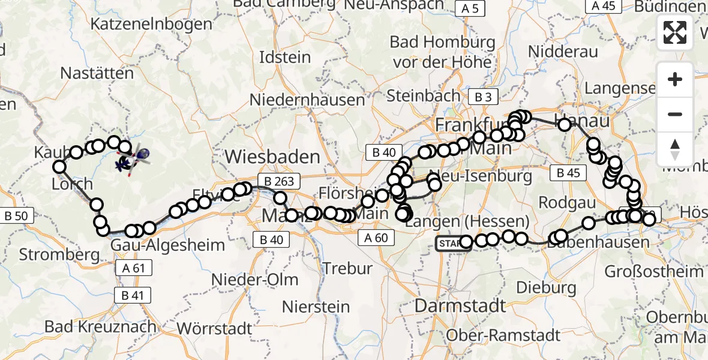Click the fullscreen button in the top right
point(675,32)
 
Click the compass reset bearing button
point(675,149)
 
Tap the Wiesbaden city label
point(272,157)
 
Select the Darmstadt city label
point(460,305)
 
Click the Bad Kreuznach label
point(101,328)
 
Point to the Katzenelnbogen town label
point(151,25)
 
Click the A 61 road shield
point(133,268)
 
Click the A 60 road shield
point(377,238)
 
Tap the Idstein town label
point(285,58)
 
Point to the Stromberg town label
point(59,254)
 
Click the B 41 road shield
point(132,295)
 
